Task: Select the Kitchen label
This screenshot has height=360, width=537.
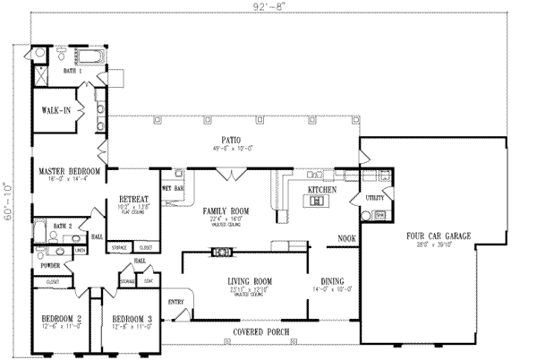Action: point(321,191)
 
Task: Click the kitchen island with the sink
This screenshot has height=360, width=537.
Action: point(316,202)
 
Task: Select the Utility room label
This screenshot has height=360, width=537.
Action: point(374,197)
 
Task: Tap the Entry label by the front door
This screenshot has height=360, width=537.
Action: point(175,303)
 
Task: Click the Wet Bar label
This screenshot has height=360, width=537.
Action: point(172,188)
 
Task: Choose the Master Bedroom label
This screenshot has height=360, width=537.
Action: point(69,171)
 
